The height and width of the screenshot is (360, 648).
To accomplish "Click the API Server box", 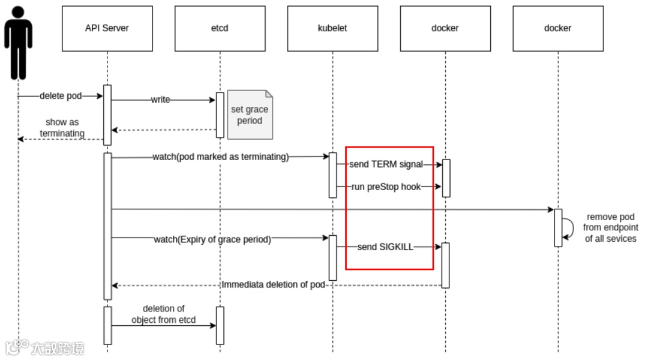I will tap(107, 28).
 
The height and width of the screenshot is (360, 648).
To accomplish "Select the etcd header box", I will tap(220, 28).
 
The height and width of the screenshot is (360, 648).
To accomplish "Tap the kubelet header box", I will tap(332, 28).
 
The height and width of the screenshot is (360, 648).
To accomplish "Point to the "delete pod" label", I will tap(61, 96).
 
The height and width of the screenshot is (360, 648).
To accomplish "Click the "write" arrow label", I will tap(160, 100).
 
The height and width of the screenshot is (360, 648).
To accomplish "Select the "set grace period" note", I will tap(250, 115).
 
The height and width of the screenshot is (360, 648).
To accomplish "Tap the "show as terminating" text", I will tap(62, 128).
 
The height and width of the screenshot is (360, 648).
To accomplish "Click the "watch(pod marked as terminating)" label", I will tap(221, 157).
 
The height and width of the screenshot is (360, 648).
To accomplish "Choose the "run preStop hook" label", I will tap(386, 187).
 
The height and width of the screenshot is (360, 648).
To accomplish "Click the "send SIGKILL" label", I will tap(386, 247).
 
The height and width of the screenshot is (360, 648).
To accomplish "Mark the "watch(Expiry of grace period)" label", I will tap(212, 239).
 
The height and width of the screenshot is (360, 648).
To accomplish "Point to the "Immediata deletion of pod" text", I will tap(274, 284).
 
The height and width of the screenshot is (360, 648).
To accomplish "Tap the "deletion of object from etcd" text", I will tap(163, 314).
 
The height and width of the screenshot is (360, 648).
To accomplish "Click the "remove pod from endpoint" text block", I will tap(610, 228).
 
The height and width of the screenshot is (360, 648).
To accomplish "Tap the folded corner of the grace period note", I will tap(269, 94).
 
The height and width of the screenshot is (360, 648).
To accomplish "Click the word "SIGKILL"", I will tap(397, 247).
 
